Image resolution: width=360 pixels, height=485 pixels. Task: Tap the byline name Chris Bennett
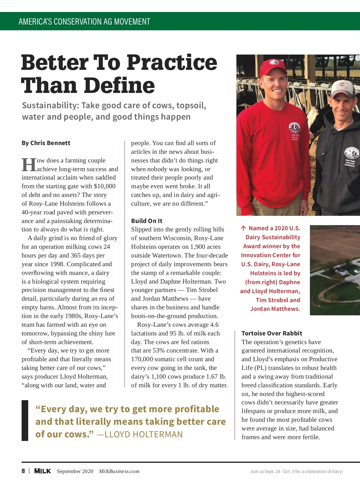pos(50,143)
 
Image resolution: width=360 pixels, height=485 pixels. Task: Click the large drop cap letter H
pos(29,165)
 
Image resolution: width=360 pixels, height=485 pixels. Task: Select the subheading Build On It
pos(147,221)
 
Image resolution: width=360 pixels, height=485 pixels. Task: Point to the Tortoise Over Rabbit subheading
pos(272,333)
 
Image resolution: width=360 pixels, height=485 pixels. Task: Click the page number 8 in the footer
pos(23,471)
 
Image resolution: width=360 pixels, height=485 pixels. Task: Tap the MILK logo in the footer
pos(43,471)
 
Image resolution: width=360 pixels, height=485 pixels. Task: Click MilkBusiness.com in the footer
pos(119,471)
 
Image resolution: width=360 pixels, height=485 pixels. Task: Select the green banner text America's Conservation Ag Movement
pos(84,22)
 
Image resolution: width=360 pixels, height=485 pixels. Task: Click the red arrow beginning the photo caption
pos(243,228)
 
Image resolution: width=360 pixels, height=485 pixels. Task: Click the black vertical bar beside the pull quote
pos(25,420)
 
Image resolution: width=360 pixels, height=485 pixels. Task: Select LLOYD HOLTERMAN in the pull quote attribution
pos(143,434)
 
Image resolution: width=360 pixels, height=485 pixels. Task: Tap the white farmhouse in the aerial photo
pos(342,272)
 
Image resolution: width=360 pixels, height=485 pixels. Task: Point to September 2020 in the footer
pos(75,471)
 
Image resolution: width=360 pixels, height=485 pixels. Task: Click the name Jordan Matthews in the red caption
pos(275,309)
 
